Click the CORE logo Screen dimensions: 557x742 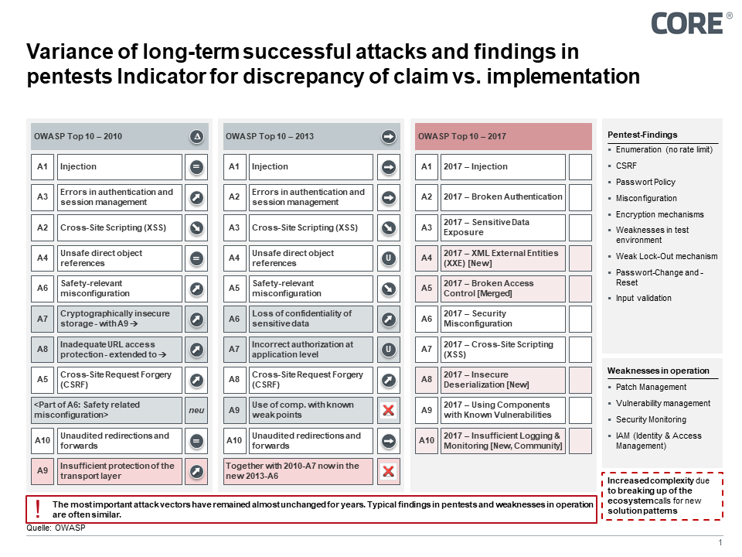[x=686, y=23]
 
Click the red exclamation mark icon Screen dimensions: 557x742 [x=38, y=508]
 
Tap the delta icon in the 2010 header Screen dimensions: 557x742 [x=196, y=137]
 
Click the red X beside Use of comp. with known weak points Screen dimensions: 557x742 [x=389, y=410]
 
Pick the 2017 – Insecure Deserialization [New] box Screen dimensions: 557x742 [x=503, y=379]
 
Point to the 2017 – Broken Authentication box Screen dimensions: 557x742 [x=503, y=197]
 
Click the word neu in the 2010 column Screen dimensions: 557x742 [x=196, y=410]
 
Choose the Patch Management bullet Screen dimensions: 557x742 [x=651, y=387]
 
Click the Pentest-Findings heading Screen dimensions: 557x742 [x=642, y=135]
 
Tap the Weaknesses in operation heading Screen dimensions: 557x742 [x=658, y=371]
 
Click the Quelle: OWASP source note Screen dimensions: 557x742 [x=56, y=528]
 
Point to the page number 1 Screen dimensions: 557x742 [x=720, y=542]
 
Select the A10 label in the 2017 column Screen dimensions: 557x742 [x=427, y=440]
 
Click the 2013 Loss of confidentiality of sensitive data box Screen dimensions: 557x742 [x=311, y=319]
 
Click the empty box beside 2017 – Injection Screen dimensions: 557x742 [x=580, y=167]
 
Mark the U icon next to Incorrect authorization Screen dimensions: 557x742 [x=389, y=349]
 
